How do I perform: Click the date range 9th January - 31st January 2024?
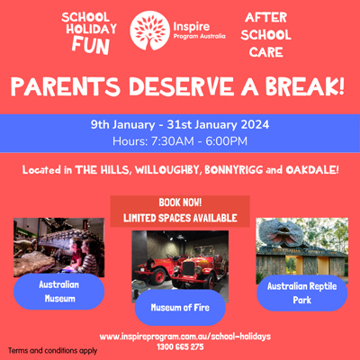(x=180, y=125)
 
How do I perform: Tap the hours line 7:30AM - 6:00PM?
(x=180, y=140)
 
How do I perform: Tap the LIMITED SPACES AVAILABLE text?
(x=178, y=218)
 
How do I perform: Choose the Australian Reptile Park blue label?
(x=301, y=293)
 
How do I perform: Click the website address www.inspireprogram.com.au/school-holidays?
(x=185, y=337)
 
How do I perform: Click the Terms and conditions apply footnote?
(x=51, y=350)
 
